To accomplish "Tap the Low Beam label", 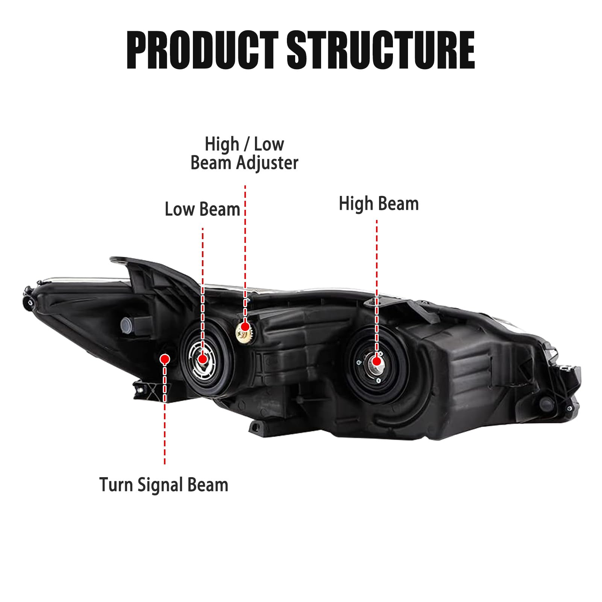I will point(202,209).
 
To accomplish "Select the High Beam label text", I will point(379,204).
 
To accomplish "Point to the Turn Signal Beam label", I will point(164,485).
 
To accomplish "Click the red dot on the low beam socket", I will point(203,359).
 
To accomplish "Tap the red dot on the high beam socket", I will point(376,361).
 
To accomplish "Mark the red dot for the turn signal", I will point(164,359).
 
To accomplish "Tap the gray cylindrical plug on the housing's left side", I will point(127,323).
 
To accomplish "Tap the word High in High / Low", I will point(222,145).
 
